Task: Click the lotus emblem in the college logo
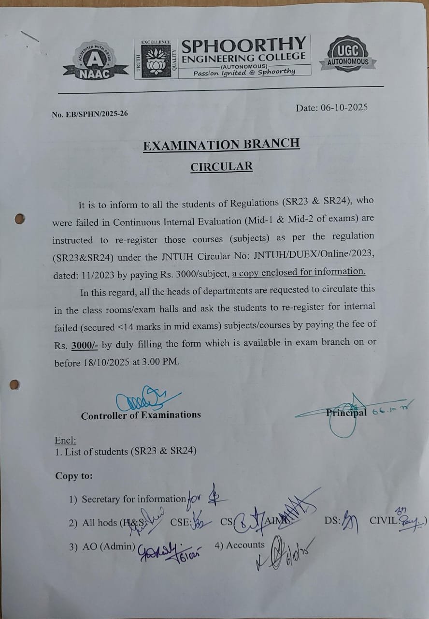point(156,60)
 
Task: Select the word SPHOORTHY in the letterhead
point(243,45)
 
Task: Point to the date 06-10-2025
point(343,107)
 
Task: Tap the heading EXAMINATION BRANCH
point(221,144)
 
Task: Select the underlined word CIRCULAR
point(221,167)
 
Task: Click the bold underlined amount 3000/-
point(85,345)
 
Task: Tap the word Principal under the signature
point(346,413)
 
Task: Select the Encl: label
point(65,441)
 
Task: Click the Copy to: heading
point(74,475)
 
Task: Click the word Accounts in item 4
point(245,545)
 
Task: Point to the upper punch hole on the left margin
point(19,219)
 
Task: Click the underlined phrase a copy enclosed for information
point(299,272)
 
